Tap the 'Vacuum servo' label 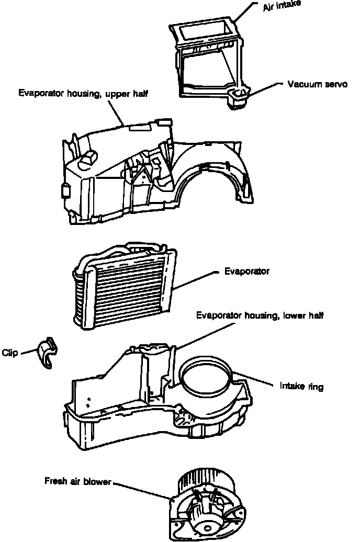tap(317, 84)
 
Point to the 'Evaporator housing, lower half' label tap(260, 315)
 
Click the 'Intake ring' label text tap(301, 387)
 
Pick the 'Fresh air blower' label tap(78, 481)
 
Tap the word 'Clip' tap(10, 353)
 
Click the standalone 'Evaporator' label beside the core tap(246, 272)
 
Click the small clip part tap(47, 353)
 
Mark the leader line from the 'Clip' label tap(27, 352)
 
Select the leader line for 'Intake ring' tap(256, 380)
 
